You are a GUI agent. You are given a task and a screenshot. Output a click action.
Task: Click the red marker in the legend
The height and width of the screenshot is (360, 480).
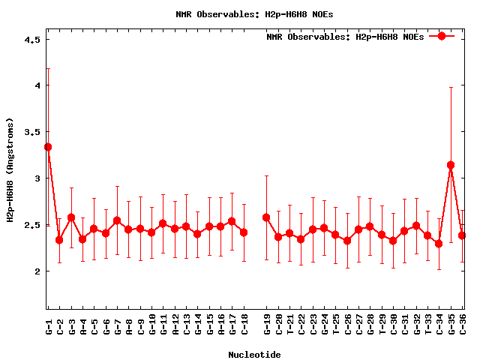pyautogui.click(x=442, y=36)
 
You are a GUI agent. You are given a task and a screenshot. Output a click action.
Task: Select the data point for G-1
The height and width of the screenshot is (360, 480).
pyautogui.click(x=48, y=147)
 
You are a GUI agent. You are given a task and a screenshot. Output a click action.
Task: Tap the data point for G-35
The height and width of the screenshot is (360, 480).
pyautogui.click(x=451, y=165)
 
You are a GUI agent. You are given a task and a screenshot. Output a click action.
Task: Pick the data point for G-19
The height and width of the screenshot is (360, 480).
pyautogui.click(x=266, y=217)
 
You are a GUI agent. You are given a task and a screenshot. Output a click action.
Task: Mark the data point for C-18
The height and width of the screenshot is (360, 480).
pyautogui.click(x=244, y=232)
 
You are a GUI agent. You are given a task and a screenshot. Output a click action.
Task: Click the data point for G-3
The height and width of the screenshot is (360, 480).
pyautogui.click(x=71, y=217)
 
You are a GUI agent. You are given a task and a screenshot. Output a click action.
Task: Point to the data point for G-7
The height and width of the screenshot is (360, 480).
pyautogui.click(x=117, y=220)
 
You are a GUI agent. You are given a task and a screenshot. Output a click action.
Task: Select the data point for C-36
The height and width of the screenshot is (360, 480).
pyautogui.click(x=463, y=235)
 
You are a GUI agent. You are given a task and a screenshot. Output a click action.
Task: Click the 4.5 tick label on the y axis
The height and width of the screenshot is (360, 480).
pyautogui.click(x=31, y=40)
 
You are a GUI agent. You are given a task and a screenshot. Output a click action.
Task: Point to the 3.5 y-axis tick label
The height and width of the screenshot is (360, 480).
pyautogui.click(x=31, y=132)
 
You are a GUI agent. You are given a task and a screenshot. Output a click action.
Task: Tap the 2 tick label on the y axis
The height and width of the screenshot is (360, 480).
pyautogui.click(x=36, y=271)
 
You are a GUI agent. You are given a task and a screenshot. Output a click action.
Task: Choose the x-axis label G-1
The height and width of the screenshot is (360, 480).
pyautogui.click(x=49, y=327)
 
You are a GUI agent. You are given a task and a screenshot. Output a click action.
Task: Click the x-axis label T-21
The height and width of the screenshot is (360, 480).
pyautogui.click(x=289, y=327)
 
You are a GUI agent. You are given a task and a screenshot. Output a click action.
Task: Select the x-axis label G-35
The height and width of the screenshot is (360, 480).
pyautogui.click(x=451, y=327)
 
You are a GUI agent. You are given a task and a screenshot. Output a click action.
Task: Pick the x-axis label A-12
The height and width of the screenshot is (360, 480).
pyautogui.click(x=175, y=327)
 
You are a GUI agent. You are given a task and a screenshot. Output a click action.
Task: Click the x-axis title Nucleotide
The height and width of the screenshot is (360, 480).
pyautogui.click(x=254, y=355)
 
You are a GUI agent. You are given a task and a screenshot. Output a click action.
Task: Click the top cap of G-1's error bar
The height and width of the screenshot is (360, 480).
pyautogui.click(x=48, y=68)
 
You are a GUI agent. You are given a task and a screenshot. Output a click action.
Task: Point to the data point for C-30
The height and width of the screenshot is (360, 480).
pyautogui.click(x=393, y=241)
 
